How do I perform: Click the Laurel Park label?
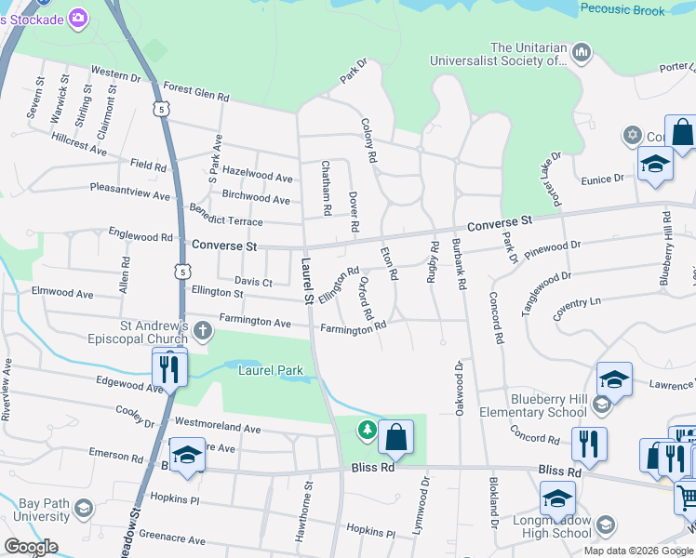click(x=271, y=370)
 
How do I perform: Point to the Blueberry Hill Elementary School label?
click(x=533, y=405)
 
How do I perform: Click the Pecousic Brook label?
click(x=622, y=10)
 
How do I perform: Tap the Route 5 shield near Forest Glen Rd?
click(x=164, y=110)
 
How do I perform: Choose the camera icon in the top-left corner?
click(x=77, y=17)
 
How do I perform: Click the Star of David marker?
click(x=634, y=137)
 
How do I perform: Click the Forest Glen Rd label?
click(x=195, y=94)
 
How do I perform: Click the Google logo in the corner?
click(x=32, y=546)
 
